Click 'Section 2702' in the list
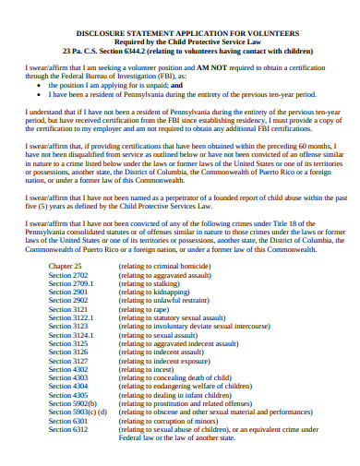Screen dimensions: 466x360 pos(68,275)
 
